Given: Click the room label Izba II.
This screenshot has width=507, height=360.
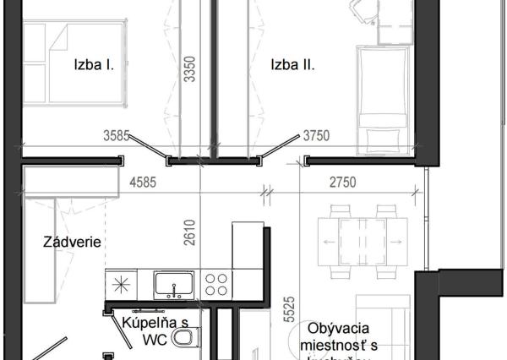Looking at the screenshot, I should tap(292, 63).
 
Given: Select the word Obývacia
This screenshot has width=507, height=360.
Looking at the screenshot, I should tap(336, 329).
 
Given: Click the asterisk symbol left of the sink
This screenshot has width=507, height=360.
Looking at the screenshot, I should tap(122, 282).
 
